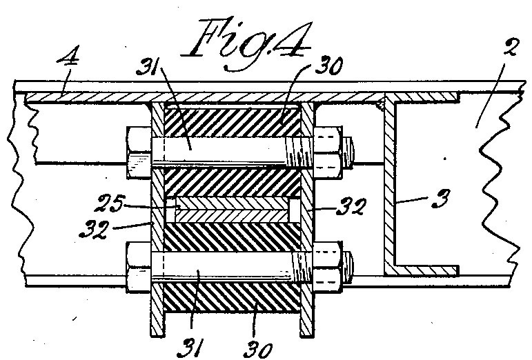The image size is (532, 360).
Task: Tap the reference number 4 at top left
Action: [x=69, y=57]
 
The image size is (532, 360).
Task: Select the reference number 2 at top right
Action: [x=510, y=48]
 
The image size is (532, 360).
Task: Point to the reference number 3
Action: [x=441, y=199]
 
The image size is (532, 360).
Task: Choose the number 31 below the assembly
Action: [x=191, y=348]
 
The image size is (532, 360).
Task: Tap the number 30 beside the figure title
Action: [x=328, y=66]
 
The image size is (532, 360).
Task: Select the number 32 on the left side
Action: [x=95, y=230]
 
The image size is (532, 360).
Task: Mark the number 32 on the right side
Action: [x=351, y=206]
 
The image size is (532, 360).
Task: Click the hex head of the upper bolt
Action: [x=139, y=152]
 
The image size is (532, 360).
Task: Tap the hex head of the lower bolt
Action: [x=139, y=267]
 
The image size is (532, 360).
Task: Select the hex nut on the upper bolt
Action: [x=326, y=152]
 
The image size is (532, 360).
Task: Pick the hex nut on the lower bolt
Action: [x=326, y=267]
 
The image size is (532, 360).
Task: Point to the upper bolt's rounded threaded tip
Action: [x=347, y=152]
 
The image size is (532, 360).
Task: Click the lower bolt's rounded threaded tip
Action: [x=347, y=267]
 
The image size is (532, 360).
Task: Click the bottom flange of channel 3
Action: [x=422, y=270]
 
